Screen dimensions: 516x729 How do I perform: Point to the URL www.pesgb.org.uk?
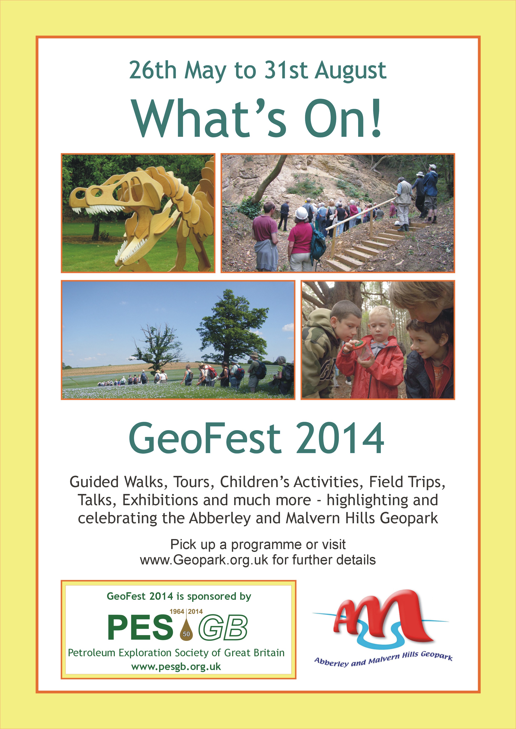click(x=176, y=666)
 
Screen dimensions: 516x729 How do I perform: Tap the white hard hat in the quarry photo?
click(x=302, y=213)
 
